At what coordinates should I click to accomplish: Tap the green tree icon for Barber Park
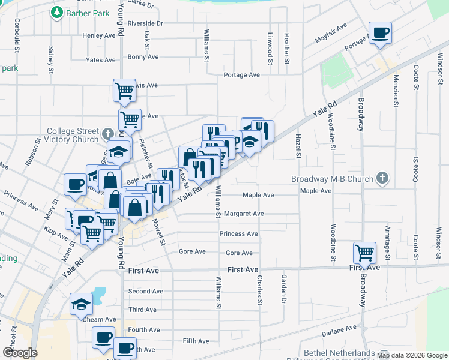click(x=57, y=12)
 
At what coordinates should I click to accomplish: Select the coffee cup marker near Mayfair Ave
click(x=380, y=32)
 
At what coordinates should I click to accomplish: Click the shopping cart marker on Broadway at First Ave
click(x=364, y=253)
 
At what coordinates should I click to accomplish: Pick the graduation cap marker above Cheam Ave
click(x=81, y=304)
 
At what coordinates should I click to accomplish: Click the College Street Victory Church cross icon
click(x=107, y=133)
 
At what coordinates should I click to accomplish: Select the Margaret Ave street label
click(x=244, y=214)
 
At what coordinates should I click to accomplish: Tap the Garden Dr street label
click(x=280, y=287)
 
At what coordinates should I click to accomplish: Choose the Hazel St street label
click(x=297, y=146)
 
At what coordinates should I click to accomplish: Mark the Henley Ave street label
click(x=99, y=35)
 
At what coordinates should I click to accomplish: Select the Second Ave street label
click(x=145, y=292)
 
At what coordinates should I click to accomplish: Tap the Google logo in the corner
click(x=20, y=353)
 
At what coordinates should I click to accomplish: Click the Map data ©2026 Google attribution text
click(x=411, y=355)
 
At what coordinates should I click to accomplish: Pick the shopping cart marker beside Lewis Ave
click(x=124, y=91)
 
